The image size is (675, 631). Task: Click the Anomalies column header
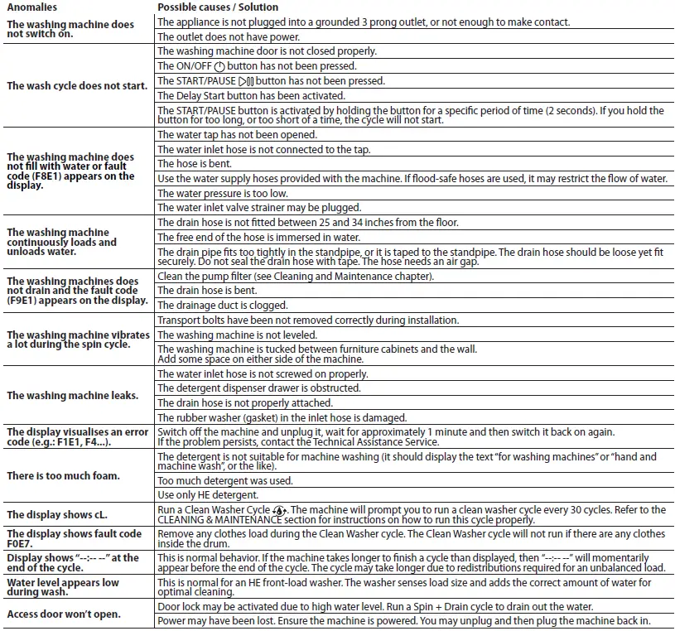32,7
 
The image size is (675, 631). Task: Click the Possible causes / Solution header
218,7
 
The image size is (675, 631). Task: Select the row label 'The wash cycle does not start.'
77,85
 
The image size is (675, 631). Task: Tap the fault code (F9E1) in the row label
26,301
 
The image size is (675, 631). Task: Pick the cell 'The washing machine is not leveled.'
237,335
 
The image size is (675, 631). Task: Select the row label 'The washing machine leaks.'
72,396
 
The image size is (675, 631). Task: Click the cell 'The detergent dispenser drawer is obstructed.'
258,388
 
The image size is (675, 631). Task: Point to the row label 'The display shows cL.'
55,514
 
